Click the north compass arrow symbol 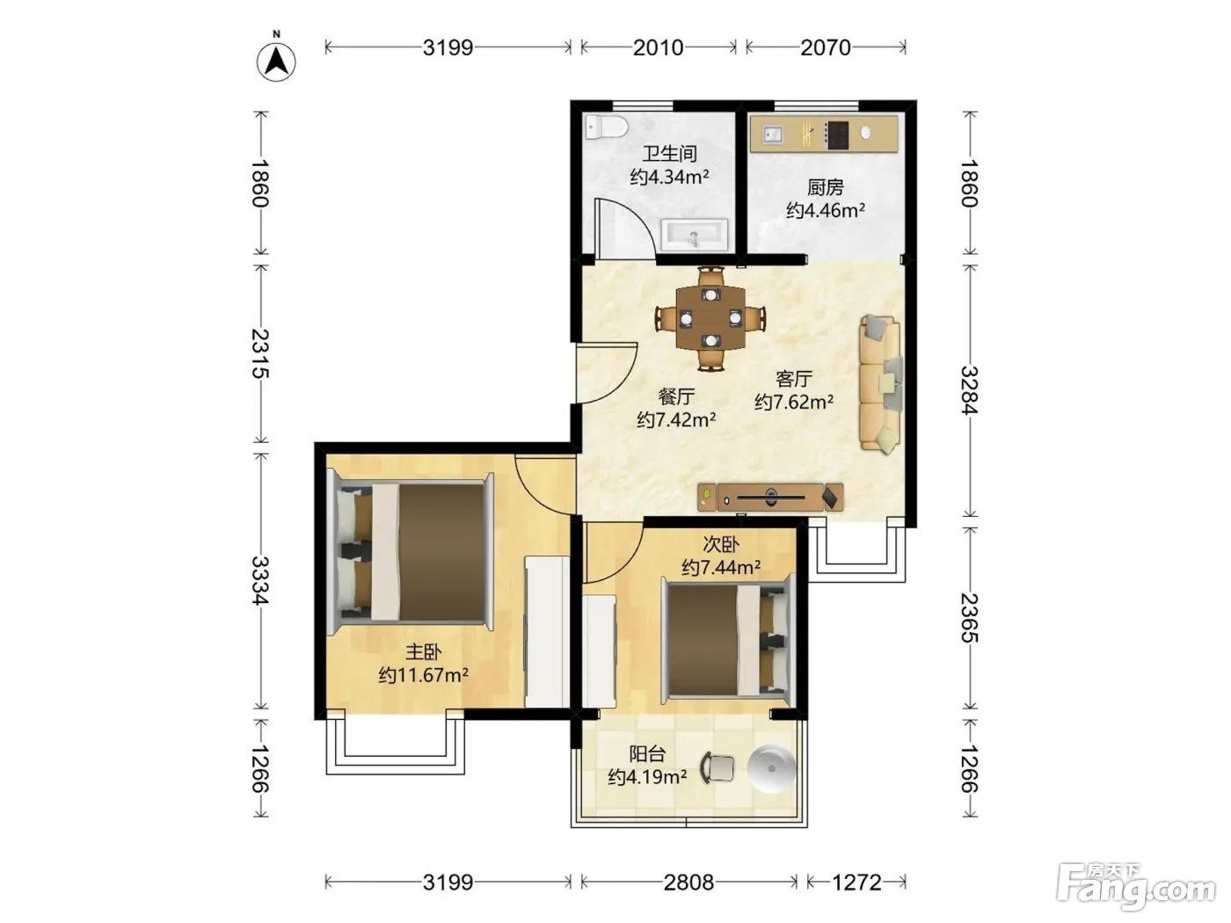pos(276,61)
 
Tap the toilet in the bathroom pos(605,127)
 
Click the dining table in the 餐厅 pos(710,318)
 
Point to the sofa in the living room pos(881,384)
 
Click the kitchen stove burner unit pos(836,135)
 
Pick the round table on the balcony pos(772,769)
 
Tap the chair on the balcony pos(717,767)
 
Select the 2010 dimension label pos(658,48)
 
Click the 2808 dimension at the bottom pos(688,883)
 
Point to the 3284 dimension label pos(969,390)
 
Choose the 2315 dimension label pos(259,353)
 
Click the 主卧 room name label pos(424,651)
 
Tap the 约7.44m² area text pos(721,568)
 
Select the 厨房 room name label pos(825,187)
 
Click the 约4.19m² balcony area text pos(648,777)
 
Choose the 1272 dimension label pos(856,883)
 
